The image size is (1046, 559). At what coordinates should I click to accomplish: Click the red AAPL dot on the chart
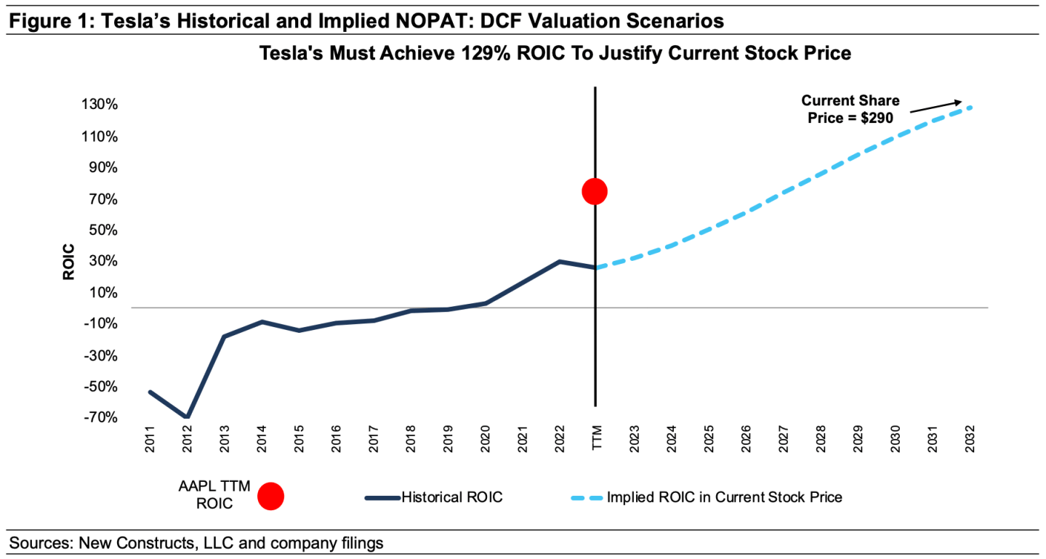595,191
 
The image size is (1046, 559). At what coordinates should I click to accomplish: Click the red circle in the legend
270,496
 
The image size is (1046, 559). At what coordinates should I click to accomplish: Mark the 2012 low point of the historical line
187,417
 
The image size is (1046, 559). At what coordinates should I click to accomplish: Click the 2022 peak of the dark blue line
559,261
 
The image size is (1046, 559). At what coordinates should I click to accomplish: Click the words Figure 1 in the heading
43,21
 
